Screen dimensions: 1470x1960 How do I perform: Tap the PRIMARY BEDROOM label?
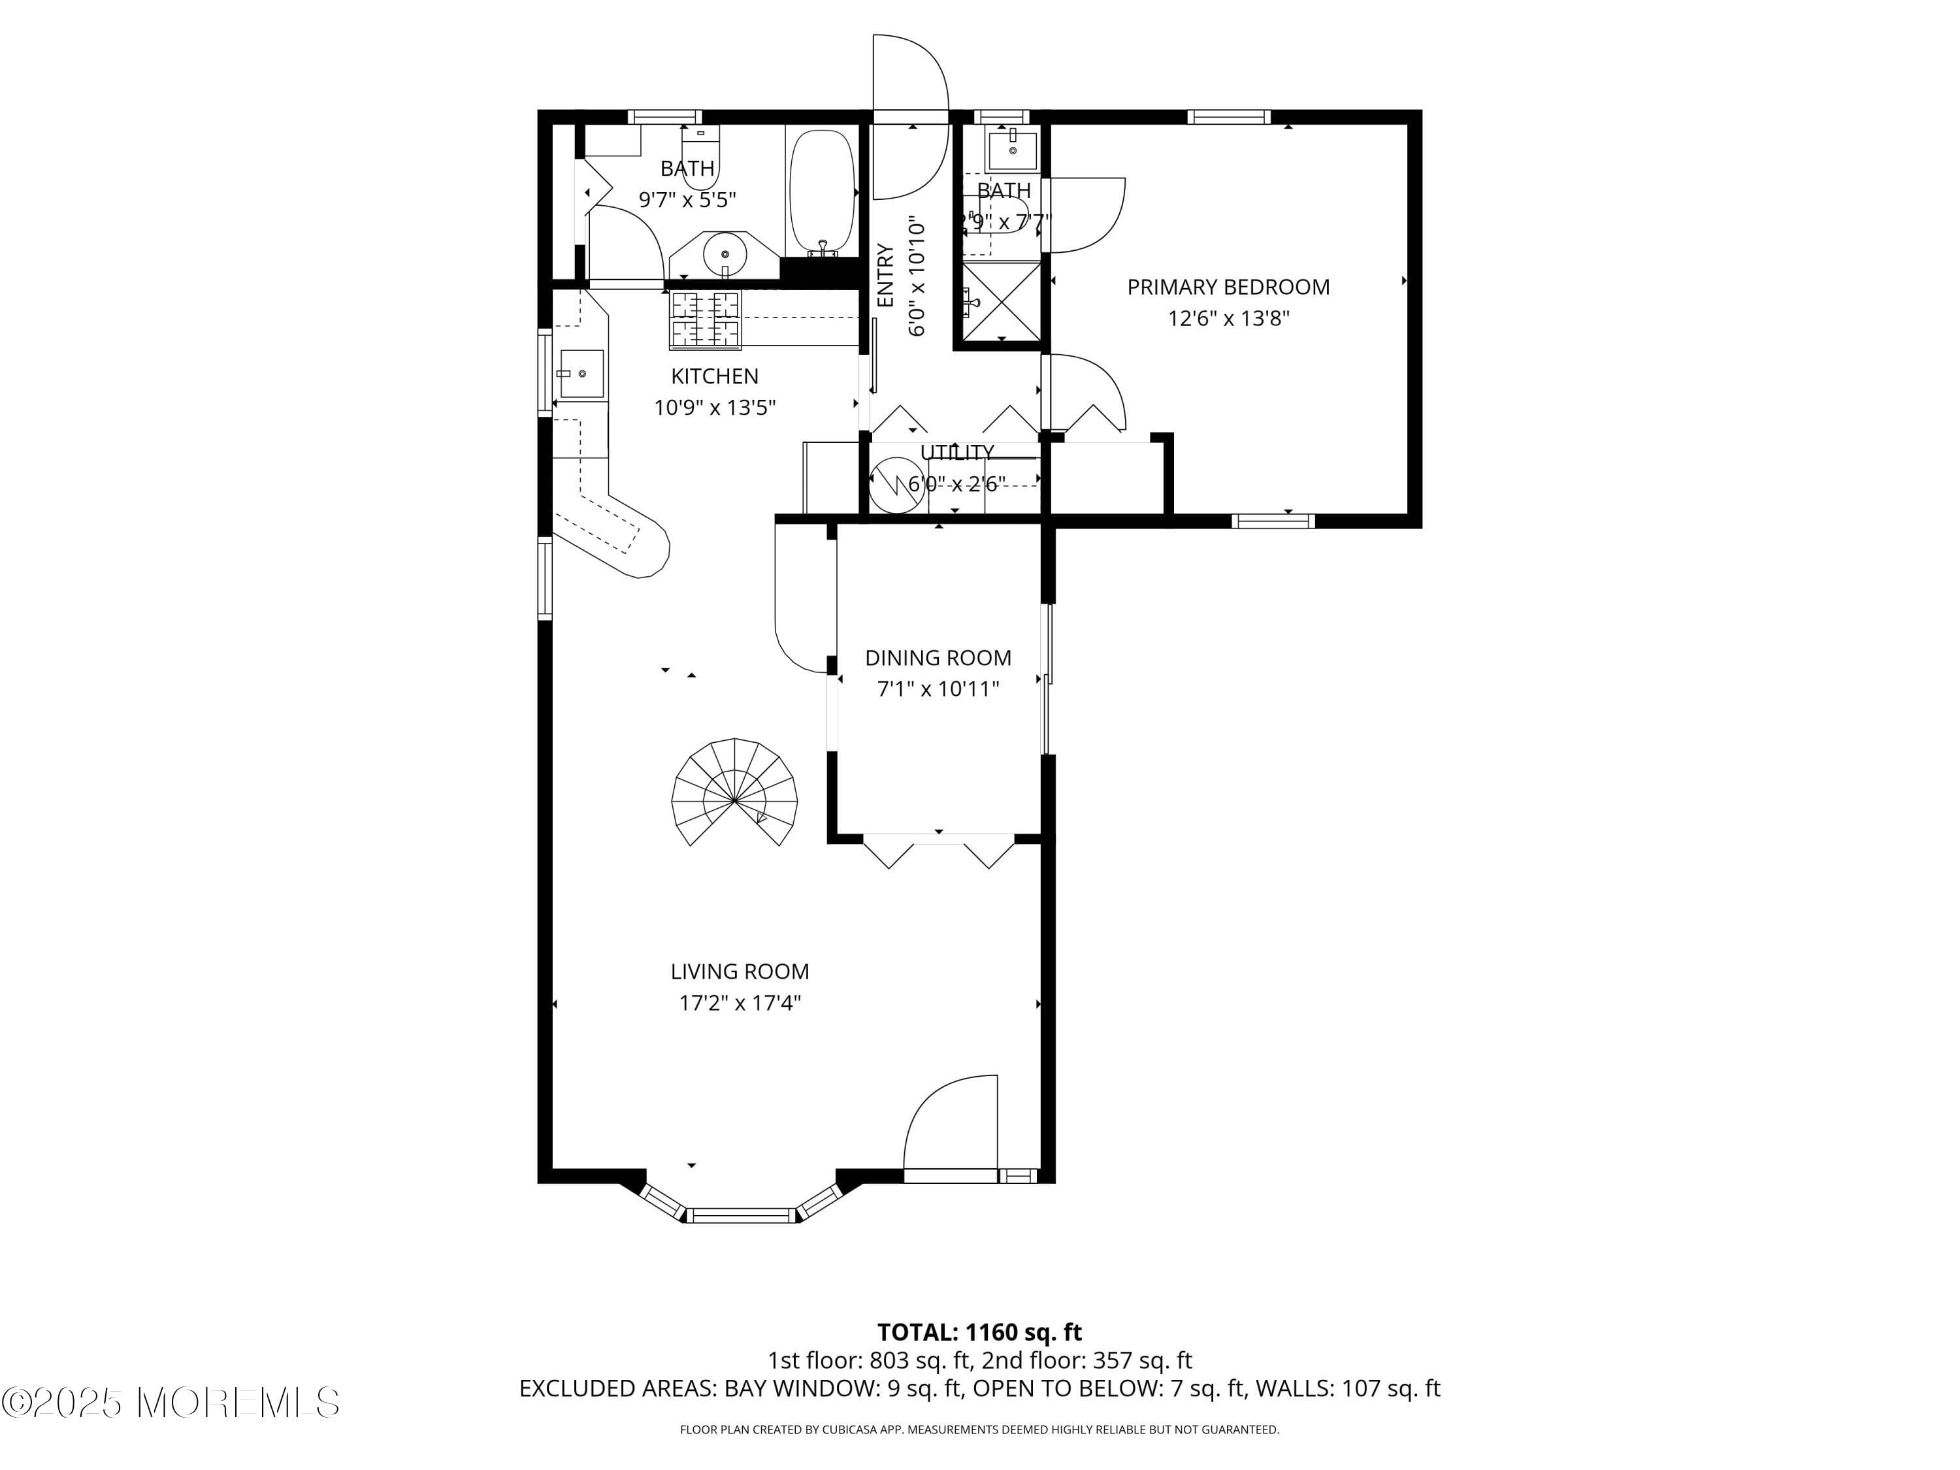[x=1228, y=287]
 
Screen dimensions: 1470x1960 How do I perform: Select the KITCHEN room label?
[x=714, y=376]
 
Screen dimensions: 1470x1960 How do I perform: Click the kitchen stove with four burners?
[x=706, y=319]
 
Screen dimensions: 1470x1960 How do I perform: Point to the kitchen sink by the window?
[x=581, y=374]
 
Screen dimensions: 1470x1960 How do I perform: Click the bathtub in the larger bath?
[x=823, y=191]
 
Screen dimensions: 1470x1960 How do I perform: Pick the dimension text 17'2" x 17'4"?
[x=740, y=1003]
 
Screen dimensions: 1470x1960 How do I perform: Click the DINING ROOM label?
[x=938, y=657]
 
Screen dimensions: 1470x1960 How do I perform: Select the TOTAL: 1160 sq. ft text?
[x=979, y=1331]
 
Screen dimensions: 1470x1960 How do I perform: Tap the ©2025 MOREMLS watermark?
[x=170, y=1403]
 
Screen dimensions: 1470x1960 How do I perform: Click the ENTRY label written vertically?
[x=885, y=276]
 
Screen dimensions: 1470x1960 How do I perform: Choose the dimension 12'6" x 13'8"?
[x=1228, y=318]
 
